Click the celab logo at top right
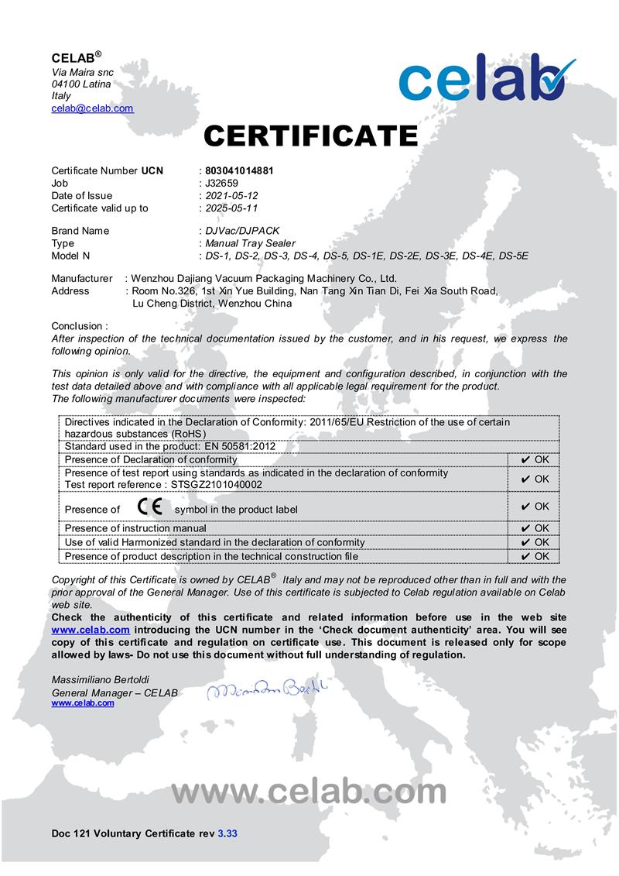pyautogui.click(x=487, y=80)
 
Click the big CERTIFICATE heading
pyautogui.click(x=310, y=136)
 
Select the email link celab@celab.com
pyautogui.click(x=92, y=108)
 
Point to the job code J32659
pyautogui.click(x=221, y=183)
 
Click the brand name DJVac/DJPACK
pyautogui.click(x=241, y=231)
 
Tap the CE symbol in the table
pyautogui.click(x=149, y=507)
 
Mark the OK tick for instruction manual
pyautogui.click(x=535, y=529)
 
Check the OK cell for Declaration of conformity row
pyautogui.click(x=535, y=460)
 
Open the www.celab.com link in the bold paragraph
pyautogui.click(x=91, y=630)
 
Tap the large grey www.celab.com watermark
pyautogui.click(x=309, y=792)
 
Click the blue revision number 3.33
pyautogui.click(x=227, y=833)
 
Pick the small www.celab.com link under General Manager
pyautogui.click(x=83, y=703)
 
